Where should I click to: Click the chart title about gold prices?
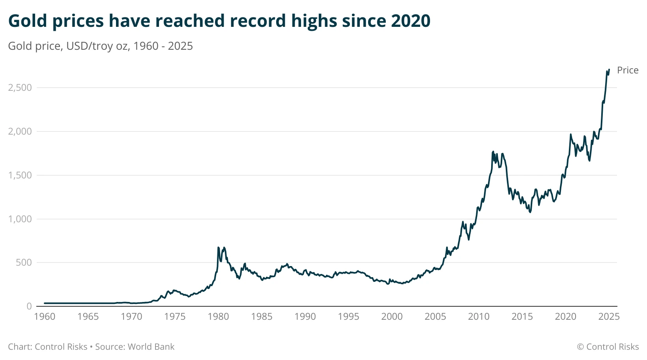[x=219, y=21]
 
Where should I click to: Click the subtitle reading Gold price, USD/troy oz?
[x=100, y=46]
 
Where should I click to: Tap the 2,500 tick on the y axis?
[x=20, y=88]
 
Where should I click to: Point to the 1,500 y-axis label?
[x=20, y=175]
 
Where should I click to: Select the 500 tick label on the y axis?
[x=24, y=262]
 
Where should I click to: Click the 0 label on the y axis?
[x=29, y=306]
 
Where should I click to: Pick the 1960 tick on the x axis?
[x=45, y=317]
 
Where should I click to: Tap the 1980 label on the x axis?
[x=218, y=317]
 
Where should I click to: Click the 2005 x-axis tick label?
[x=435, y=317]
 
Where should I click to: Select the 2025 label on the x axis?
[x=609, y=317]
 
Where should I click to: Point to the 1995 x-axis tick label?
[x=348, y=317]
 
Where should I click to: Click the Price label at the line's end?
[x=627, y=70]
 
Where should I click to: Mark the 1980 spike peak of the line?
[x=219, y=247]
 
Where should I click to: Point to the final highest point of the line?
[x=609, y=69]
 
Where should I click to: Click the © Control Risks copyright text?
[x=608, y=347]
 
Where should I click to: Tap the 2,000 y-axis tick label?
[x=20, y=131]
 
